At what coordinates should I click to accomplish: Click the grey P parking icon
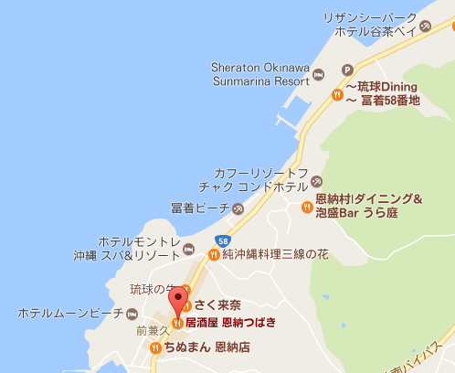point(347,69)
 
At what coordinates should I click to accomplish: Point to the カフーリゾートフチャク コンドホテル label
point(260,179)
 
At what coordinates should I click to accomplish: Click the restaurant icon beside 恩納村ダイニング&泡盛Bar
point(306,206)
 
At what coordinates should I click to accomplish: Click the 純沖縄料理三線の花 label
point(274,255)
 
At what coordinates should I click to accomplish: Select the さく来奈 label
point(218,305)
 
